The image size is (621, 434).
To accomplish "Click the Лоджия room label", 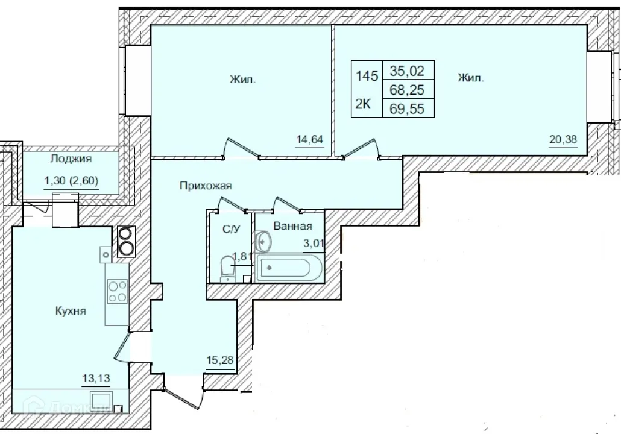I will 72,159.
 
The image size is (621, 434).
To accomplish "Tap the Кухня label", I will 71,311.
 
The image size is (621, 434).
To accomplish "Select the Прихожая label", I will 206,186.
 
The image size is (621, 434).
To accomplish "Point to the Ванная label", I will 292,227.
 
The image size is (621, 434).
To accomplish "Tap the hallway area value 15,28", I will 218,360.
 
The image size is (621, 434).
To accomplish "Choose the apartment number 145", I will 367,77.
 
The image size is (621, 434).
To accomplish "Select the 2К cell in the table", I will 363,104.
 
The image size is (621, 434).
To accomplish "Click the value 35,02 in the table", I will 408,71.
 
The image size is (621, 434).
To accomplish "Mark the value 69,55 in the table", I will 408,110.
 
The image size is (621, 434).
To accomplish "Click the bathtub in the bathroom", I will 288,269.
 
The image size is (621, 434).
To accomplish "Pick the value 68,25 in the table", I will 408,90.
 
